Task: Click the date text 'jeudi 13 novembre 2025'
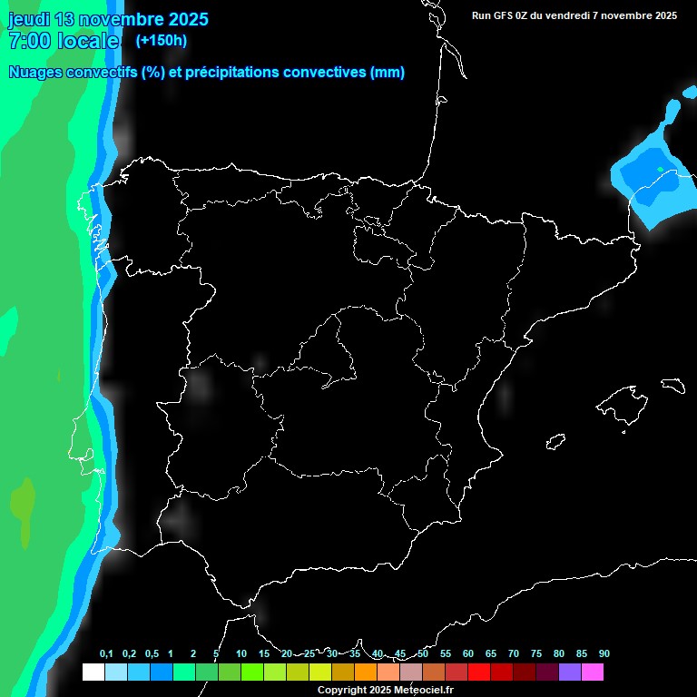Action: [108, 19]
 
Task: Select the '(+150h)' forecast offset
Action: [161, 40]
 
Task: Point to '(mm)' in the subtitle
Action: [388, 73]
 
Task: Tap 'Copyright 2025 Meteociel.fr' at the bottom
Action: [385, 690]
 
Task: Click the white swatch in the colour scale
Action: [93, 672]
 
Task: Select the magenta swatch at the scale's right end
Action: [593, 672]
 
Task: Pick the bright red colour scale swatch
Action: [479, 672]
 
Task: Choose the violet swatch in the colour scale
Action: [570, 672]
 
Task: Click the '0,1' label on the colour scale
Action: [106, 654]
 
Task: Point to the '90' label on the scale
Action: [604, 654]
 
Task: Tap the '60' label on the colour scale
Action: [468, 654]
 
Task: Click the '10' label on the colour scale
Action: [241, 654]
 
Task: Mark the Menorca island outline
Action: [672, 384]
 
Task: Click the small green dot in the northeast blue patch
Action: [660, 169]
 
